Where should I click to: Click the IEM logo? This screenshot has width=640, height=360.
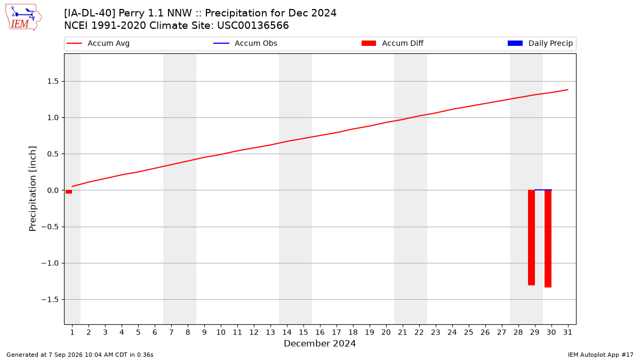pyautogui.click(x=23, y=18)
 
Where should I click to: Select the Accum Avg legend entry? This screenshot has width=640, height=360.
pyautogui.click(x=98, y=43)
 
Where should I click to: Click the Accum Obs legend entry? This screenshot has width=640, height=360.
pyautogui.click(x=245, y=43)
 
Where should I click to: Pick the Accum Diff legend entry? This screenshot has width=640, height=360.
pyautogui.click(x=393, y=43)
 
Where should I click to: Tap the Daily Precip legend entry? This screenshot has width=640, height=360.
pyautogui.click(x=540, y=43)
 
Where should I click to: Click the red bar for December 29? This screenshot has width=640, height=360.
pyautogui.click(x=531, y=237)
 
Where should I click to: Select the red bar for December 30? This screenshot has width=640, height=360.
pyautogui.click(x=548, y=238)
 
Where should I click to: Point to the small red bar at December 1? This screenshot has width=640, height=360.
pyautogui.click(x=69, y=191)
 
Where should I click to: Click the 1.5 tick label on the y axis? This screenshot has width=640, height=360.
pyautogui.click(x=53, y=82)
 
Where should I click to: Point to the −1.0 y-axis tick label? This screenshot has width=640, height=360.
pyautogui.click(x=50, y=263)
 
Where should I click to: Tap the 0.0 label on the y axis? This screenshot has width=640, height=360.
pyautogui.click(x=53, y=190)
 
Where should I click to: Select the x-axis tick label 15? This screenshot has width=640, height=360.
pyautogui.click(x=303, y=332)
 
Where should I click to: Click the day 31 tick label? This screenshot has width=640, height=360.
pyautogui.click(x=567, y=332)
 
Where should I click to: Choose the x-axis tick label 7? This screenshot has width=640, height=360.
pyautogui.click(x=171, y=332)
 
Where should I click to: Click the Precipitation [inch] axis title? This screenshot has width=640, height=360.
pyautogui.click(x=33, y=189)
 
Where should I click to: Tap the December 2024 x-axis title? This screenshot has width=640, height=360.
pyautogui.click(x=319, y=343)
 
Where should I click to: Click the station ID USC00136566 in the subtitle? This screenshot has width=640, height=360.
pyautogui.click(x=253, y=26)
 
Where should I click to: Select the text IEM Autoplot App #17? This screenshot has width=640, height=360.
pyautogui.click(x=601, y=355)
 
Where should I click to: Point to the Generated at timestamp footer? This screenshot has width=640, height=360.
pyautogui.click(x=79, y=355)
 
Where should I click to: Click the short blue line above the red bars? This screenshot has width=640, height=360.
pyautogui.click(x=543, y=190)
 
